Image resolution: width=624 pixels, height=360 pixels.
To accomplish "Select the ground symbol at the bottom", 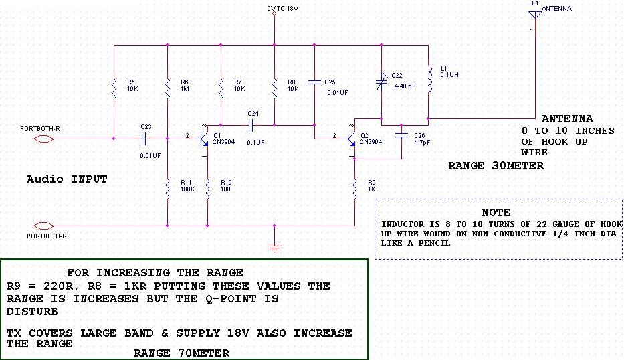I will (x=274, y=247).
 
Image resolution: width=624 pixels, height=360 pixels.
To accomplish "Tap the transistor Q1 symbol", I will (x=205, y=139).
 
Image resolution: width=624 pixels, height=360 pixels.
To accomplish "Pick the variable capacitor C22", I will (x=381, y=82).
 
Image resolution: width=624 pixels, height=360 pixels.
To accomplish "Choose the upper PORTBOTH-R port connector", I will (x=43, y=139).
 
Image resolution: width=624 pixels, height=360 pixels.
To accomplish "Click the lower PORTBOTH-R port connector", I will (x=43, y=225).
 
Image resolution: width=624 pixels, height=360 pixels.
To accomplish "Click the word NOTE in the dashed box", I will (x=496, y=212).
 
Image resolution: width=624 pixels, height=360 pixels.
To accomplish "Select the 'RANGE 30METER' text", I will (x=496, y=166).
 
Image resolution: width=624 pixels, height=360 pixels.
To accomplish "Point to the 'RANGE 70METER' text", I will (x=181, y=353).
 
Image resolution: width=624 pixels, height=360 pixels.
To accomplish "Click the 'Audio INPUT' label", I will (x=66, y=179).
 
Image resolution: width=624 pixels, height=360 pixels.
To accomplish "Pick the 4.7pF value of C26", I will (x=421, y=143).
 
